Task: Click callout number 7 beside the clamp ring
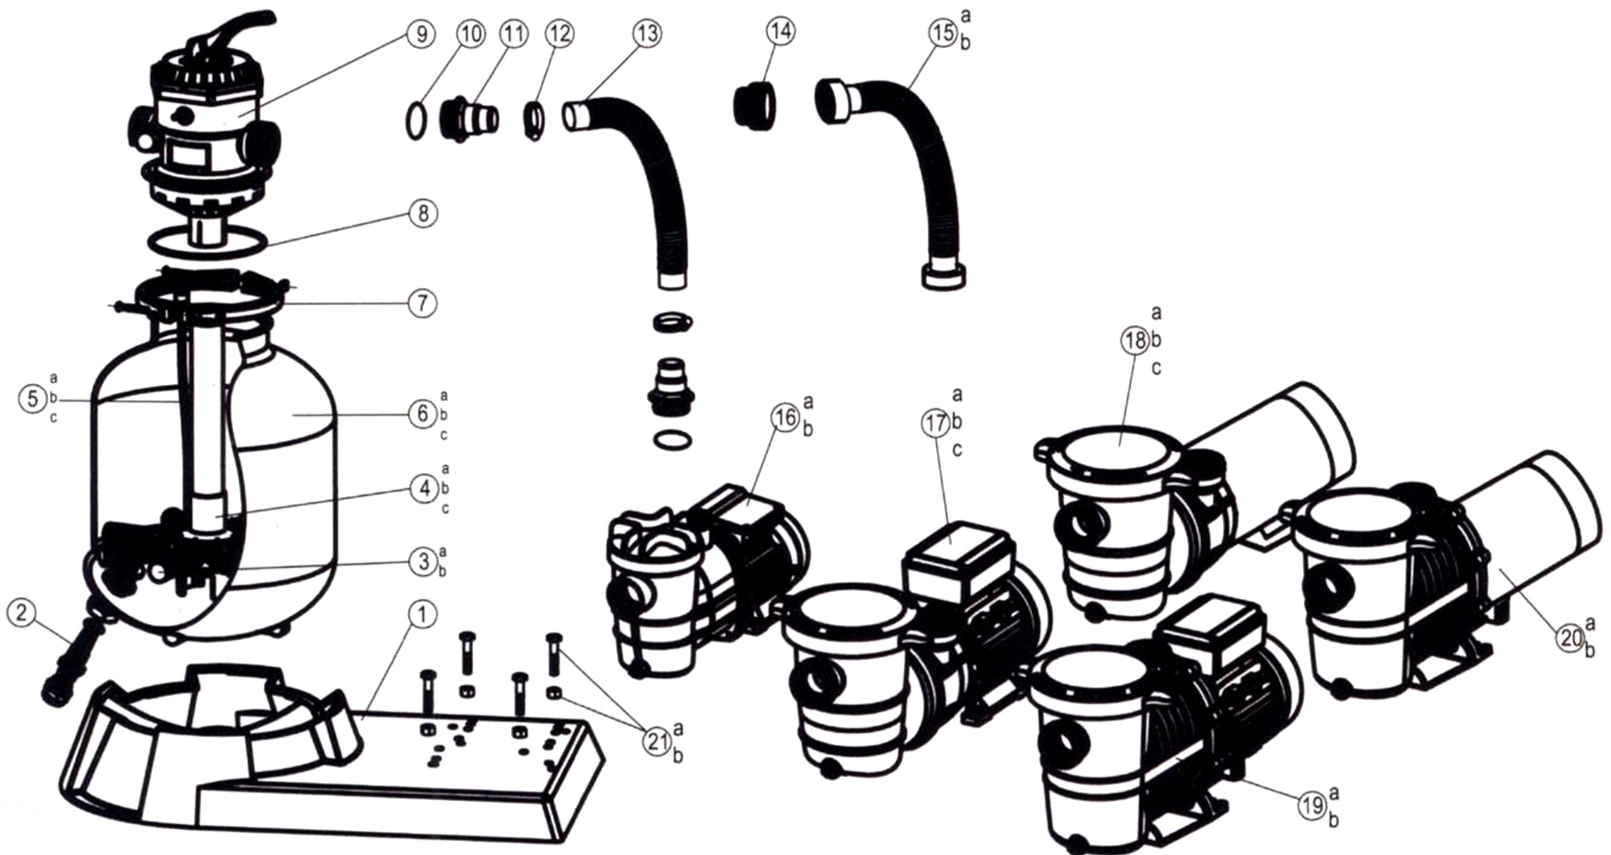click(x=422, y=303)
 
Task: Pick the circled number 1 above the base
click(x=423, y=615)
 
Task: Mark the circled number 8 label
click(x=423, y=214)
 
